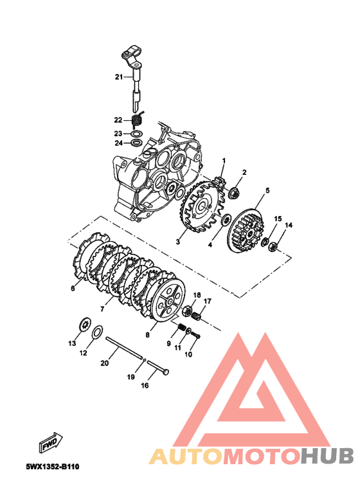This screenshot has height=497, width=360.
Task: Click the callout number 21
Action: point(118,77)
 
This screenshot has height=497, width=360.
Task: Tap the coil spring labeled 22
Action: point(138,120)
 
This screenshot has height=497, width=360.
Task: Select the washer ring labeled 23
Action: point(136,134)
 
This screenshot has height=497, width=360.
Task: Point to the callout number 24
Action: point(118,143)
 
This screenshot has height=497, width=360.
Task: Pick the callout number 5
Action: point(267,190)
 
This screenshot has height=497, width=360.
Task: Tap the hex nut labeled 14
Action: point(273,246)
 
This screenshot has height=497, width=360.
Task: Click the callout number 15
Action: point(278,219)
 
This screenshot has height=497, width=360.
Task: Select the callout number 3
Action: point(178,242)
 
